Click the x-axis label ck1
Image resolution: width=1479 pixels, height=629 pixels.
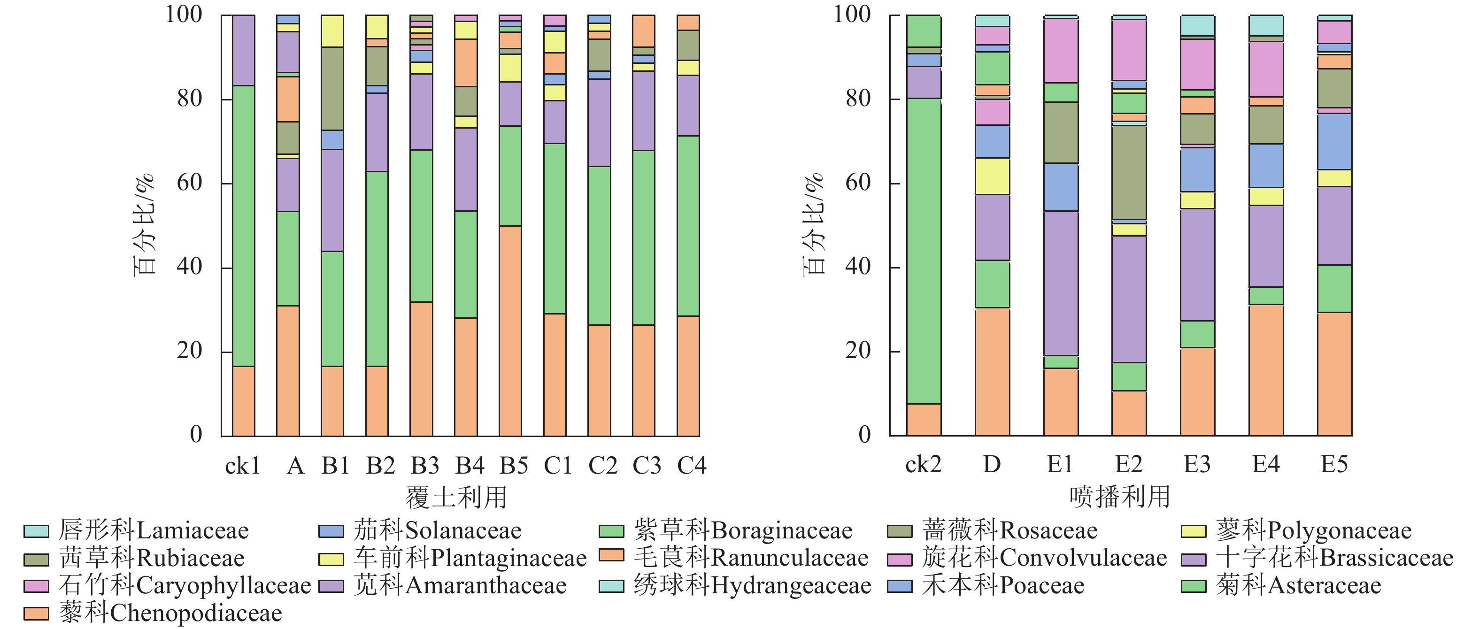(x=242, y=466)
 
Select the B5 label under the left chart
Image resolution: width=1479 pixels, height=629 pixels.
(x=513, y=466)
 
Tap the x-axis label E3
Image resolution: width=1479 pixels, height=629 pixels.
(x=1197, y=464)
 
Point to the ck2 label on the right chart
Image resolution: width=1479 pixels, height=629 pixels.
(x=923, y=464)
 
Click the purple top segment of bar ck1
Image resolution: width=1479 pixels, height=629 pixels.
(x=243, y=51)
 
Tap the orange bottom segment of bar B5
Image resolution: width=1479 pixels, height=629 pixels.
(x=510, y=330)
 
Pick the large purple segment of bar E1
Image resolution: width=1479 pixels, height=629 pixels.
(x=1061, y=283)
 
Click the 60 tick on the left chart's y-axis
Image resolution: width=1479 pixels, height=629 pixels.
(x=190, y=183)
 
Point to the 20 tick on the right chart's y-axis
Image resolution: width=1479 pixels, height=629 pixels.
(x=858, y=351)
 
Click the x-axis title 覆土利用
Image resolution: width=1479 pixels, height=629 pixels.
(x=456, y=498)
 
